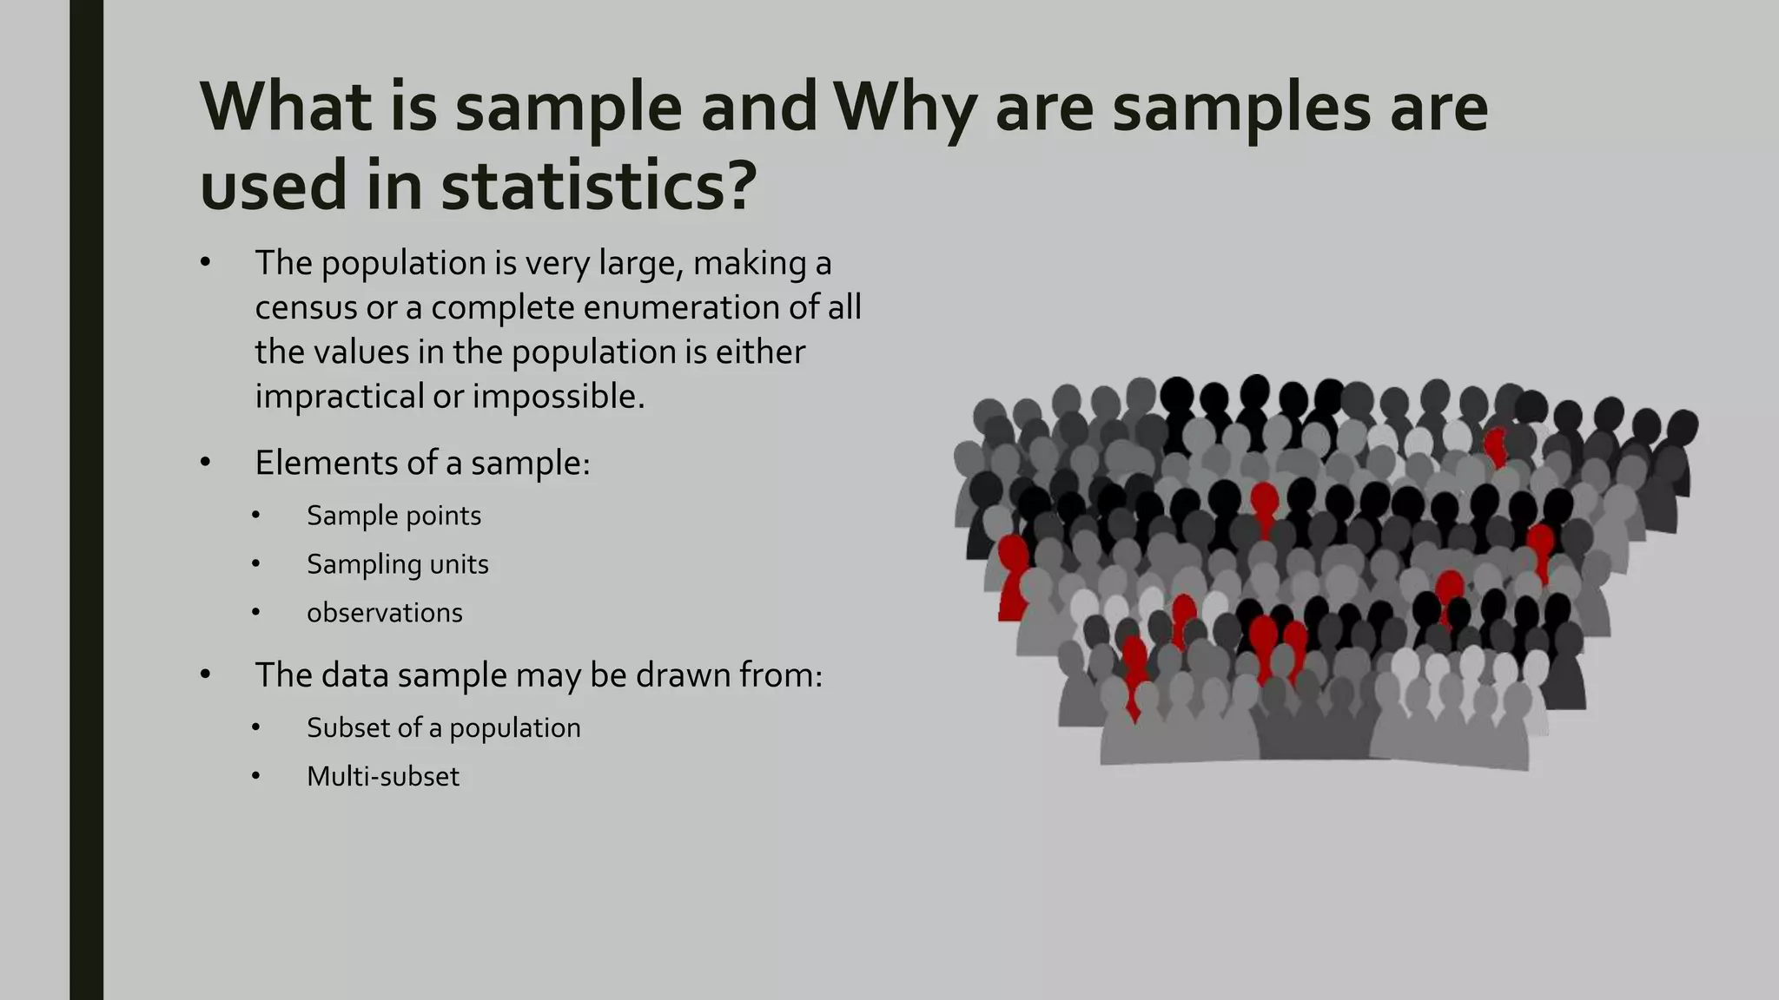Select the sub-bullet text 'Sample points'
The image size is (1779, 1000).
point(393,516)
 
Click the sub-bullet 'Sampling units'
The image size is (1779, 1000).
point(397,564)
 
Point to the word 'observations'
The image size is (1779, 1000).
point(384,613)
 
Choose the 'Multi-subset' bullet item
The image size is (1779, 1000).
point(382,776)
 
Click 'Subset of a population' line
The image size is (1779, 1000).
point(443,727)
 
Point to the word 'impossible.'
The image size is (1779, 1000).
point(559,397)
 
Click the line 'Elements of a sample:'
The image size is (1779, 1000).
point(422,463)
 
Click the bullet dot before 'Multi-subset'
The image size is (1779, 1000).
point(256,776)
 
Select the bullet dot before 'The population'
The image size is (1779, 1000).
point(205,263)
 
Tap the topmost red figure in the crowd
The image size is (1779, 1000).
point(1495,445)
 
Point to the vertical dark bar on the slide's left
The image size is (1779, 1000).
point(86,500)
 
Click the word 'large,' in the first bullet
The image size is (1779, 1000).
point(641,263)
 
